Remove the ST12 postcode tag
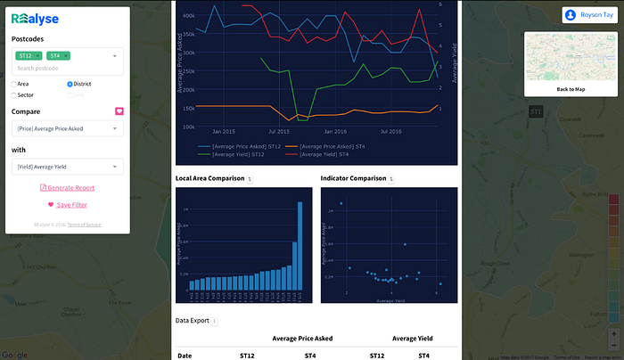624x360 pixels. click(37, 55)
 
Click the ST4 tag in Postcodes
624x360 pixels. click(55, 55)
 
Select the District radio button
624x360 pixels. click(70, 83)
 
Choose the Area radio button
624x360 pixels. click(13, 83)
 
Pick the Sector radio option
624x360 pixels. click(13, 94)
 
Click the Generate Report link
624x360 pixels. click(67, 187)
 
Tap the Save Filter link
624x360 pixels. click(67, 205)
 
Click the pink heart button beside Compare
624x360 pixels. click(119, 111)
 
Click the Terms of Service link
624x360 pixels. click(85, 225)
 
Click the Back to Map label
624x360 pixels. click(570, 89)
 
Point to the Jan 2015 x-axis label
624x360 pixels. click(224, 130)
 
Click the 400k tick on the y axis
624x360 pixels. click(188, 16)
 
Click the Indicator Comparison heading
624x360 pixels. click(354, 178)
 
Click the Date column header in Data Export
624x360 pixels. click(185, 356)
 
